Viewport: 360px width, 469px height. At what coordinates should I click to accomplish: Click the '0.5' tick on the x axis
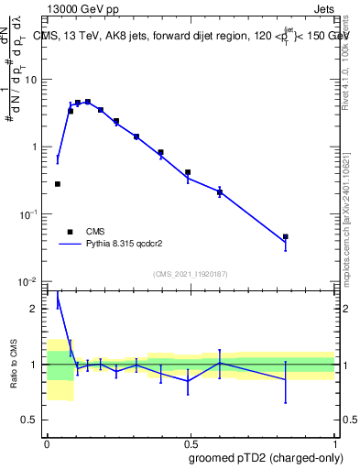pos(190,443)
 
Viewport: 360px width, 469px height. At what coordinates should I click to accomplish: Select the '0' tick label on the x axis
pos(47,443)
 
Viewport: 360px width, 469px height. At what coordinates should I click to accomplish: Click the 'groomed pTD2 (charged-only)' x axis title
pos(267,457)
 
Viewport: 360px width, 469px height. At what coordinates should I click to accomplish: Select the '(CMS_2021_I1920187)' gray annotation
pos(190,273)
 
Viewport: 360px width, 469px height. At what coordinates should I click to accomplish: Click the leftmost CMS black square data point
pos(58,184)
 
